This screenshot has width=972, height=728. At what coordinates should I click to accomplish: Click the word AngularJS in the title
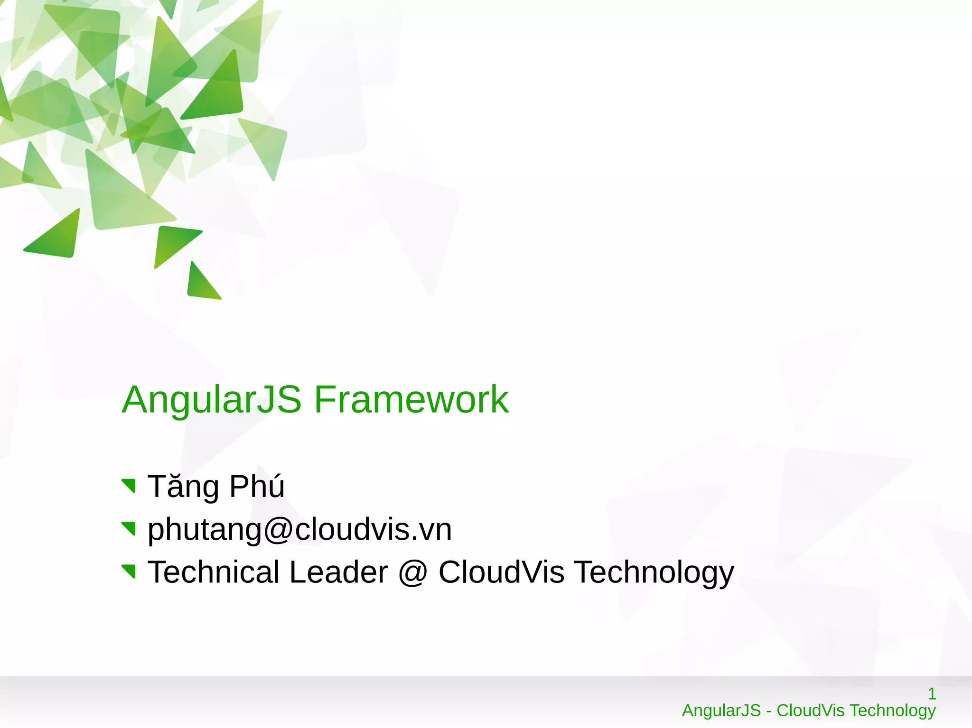pyautogui.click(x=211, y=400)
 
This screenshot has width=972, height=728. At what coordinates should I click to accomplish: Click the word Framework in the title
pyautogui.click(x=411, y=400)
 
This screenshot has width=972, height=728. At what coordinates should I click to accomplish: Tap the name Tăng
pyautogui.click(x=183, y=487)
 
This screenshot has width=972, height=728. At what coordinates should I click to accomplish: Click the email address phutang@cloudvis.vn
pyautogui.click(x=299, y=529)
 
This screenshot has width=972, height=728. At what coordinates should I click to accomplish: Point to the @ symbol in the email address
pyautogui.click(x=278, y=529)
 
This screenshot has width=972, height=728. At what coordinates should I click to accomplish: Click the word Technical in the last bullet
pyautogui.click(x=214, y=572)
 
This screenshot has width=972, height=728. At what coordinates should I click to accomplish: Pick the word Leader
pyautogui.click(x=338, y=572)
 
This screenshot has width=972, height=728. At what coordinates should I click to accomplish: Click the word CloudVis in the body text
pyautogui.click(x=501, y=572)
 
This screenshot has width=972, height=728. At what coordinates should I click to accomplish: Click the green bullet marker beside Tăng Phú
pyautogui.click(x=130, y=486)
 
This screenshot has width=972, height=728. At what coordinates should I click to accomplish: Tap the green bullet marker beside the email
pyautogui.click(x=130, y=528)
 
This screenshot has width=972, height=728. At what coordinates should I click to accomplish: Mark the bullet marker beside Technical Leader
pyautogui.click(x=130, y=571)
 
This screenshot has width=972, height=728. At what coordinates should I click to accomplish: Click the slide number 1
pyautogui.click(x=932, y=694)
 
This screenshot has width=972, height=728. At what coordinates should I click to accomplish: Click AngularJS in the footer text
pyautogui.click(x=721, y=710)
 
